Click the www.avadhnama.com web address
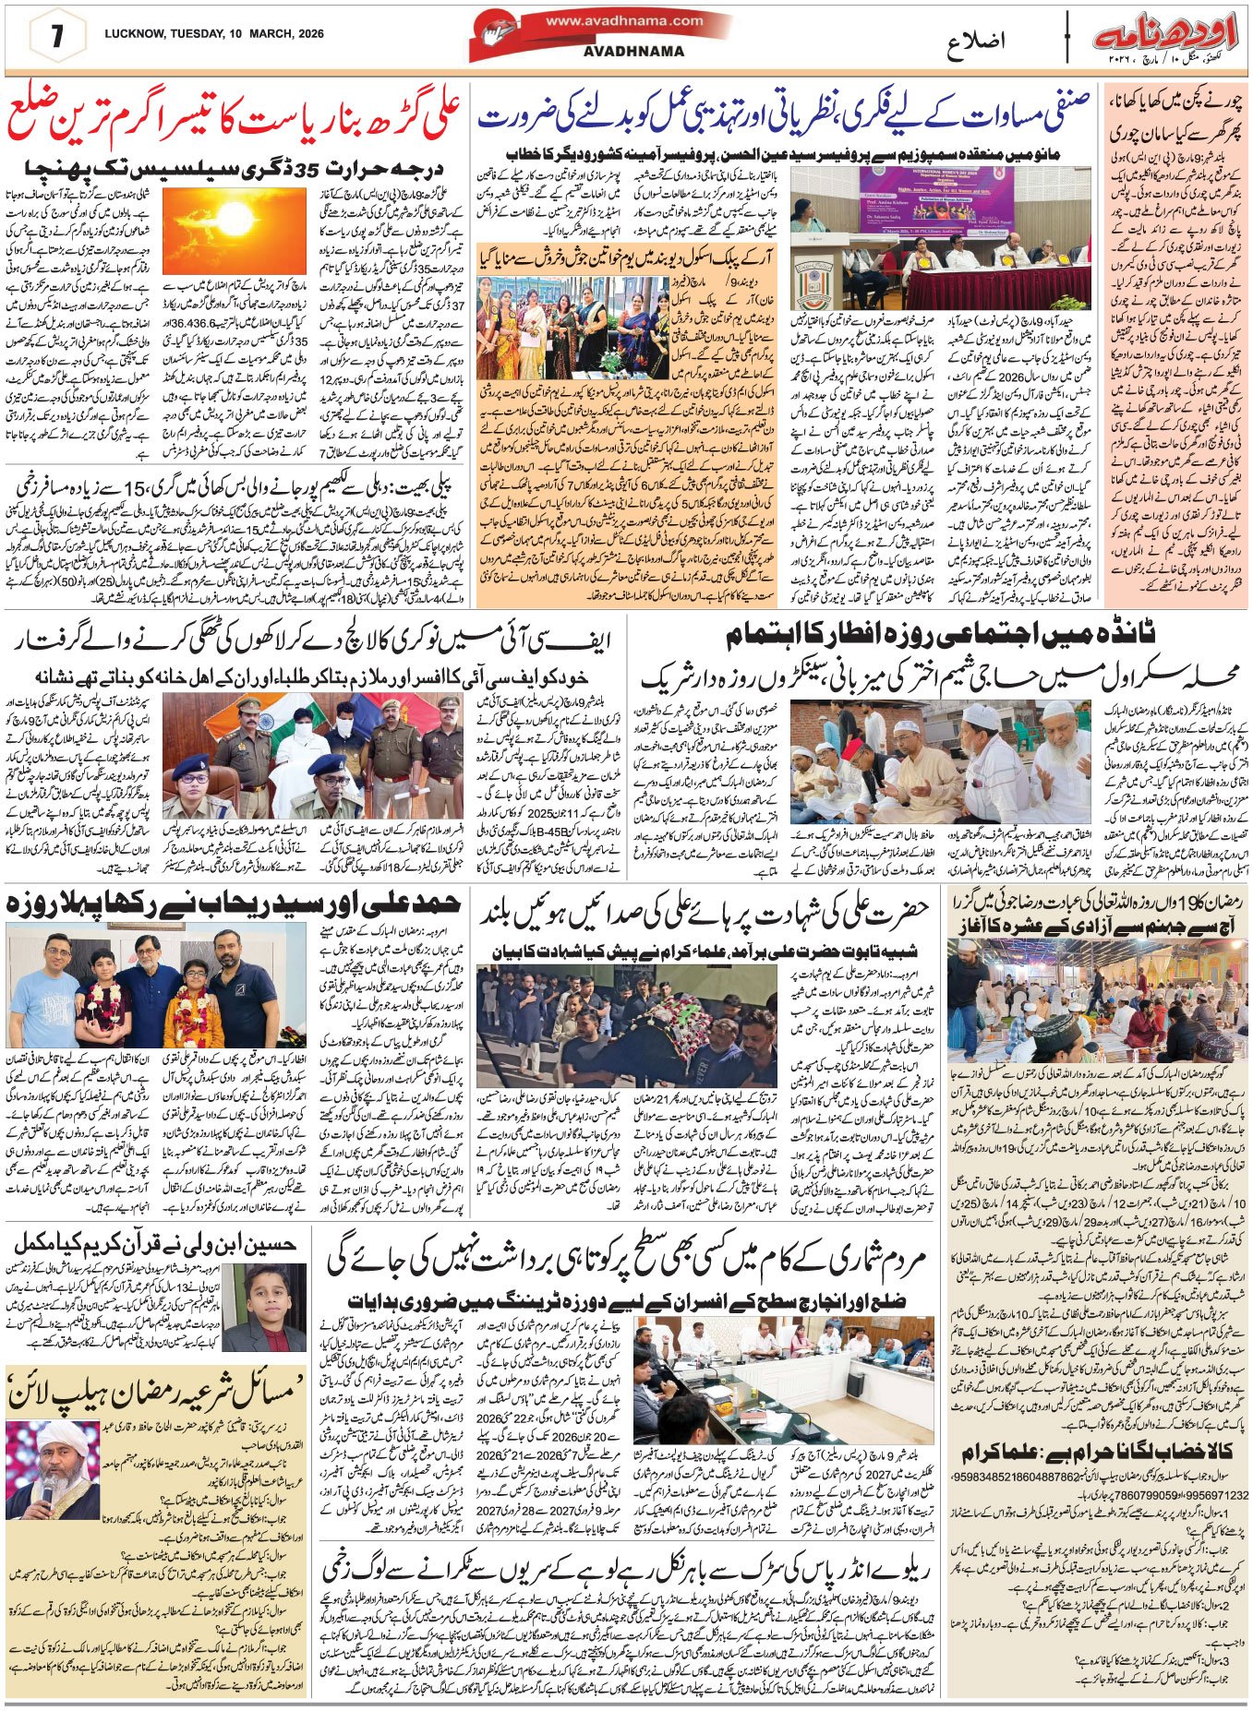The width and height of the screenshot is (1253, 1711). tap(623, 20)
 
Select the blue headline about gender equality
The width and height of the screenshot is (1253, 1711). tap(783, 116)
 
